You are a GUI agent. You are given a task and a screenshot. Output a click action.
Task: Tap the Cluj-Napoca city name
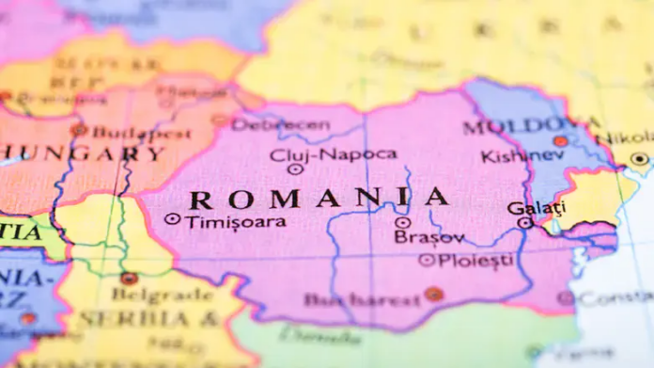point(333,153)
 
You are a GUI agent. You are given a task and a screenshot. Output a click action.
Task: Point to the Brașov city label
point(428,237)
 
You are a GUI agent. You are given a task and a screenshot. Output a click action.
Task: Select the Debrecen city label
point(280,124)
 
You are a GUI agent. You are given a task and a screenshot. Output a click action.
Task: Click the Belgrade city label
point(149,295)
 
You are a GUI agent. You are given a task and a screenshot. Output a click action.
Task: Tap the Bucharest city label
point(361,300)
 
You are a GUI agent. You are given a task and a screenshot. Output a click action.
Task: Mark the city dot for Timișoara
point(171,219)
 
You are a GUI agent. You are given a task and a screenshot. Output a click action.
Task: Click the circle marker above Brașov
point(402,223)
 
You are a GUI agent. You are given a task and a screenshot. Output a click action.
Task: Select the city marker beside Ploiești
point(427,260)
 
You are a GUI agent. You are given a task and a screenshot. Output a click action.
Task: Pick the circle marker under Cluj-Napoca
point(295,169)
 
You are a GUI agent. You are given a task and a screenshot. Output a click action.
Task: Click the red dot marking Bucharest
point(433,294)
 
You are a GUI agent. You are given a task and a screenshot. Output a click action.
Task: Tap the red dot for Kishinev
point(560,141)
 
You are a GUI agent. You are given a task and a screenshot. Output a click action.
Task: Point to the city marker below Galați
point(525,223)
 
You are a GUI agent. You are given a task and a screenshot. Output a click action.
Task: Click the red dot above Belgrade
point(129,279)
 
